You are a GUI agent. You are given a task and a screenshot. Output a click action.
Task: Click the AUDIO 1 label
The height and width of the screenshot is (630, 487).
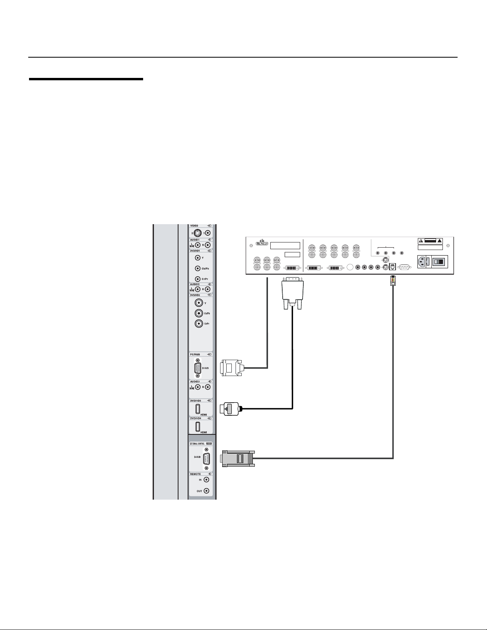point(195,240)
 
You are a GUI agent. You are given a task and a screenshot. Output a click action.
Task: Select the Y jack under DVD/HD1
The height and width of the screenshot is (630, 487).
point(198,258)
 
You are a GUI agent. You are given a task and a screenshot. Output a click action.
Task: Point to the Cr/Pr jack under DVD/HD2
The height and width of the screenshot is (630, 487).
point(199,324)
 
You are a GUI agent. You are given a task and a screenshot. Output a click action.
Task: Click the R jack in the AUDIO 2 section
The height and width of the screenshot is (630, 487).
point(208,289)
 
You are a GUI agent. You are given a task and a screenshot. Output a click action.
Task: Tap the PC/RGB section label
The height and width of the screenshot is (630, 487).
point(195,354)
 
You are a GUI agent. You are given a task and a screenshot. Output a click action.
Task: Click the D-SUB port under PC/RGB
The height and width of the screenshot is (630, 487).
point(198,368)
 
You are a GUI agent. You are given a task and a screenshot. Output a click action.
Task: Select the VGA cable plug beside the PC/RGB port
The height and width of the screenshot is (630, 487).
point(231,368)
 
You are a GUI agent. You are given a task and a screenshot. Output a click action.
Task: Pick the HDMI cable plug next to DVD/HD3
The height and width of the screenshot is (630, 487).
point(229,408)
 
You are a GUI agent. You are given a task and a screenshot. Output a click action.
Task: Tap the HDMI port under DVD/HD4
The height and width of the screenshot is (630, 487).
point(198,426)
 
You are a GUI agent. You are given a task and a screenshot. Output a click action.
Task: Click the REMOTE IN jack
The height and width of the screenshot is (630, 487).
point(206,480)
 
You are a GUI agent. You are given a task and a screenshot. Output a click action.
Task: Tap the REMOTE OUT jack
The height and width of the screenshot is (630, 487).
point(206,491)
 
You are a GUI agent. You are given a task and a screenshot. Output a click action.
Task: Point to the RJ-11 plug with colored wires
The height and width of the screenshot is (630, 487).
point(392,281)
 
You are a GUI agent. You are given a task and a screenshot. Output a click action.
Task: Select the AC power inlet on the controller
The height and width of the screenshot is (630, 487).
point(423,262)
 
